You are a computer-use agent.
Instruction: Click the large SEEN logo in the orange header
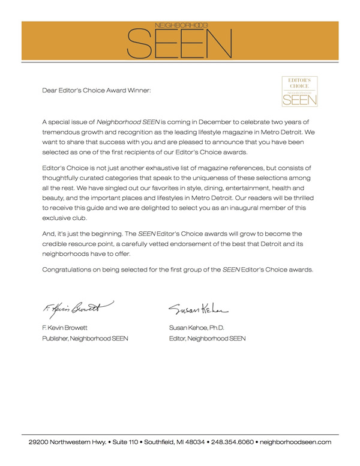click(180, 42)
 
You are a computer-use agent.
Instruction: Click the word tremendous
click(66, 129)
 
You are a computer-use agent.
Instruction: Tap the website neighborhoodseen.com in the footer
click(295, 441)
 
